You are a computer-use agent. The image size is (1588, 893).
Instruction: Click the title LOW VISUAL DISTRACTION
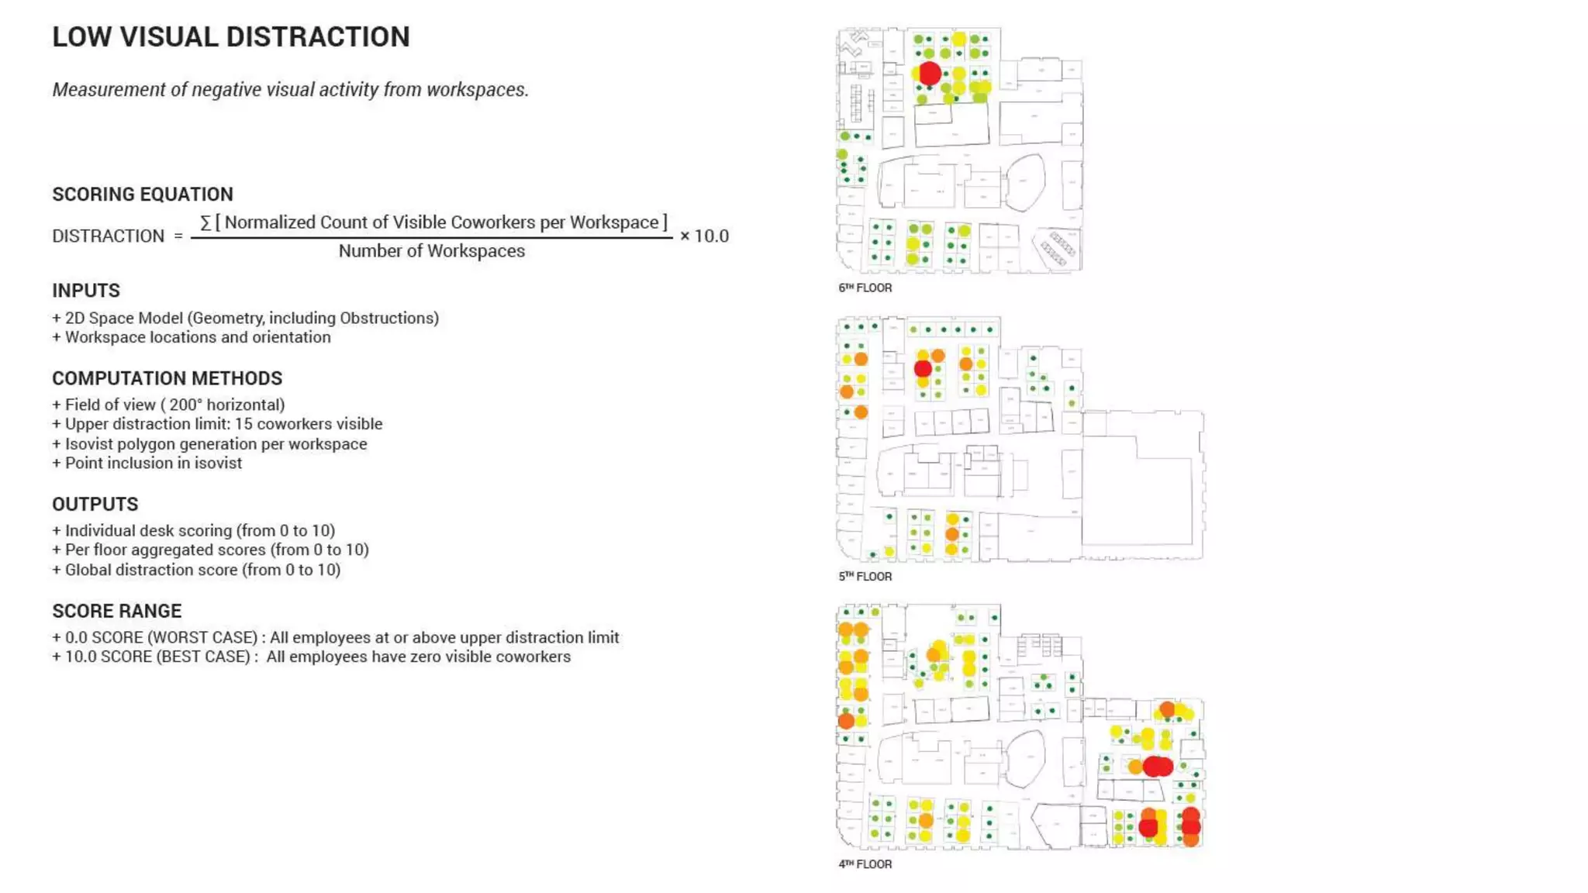click(230, 37)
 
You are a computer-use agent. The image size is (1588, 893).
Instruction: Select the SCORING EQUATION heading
click(143, 195)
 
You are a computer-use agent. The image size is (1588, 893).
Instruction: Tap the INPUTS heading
click(86, 291)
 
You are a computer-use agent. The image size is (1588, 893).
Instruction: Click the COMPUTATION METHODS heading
click(167, 378)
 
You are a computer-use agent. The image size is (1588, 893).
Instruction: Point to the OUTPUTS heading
click(95, 505)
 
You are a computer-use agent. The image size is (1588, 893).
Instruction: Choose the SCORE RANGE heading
click(116, 611)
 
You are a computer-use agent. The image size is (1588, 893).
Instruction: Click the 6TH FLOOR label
click(865, 288)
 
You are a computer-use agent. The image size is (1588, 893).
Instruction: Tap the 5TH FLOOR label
click(865, 577)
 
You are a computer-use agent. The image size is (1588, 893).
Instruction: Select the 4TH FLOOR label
click(865, 864)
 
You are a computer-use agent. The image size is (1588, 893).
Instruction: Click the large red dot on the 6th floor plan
click(930, 74)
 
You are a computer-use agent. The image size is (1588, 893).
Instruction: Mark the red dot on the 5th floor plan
click(923, 368)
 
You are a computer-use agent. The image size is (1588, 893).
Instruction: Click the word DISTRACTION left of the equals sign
click(108, 236)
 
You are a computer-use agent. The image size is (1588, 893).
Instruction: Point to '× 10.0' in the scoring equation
click(704, 236)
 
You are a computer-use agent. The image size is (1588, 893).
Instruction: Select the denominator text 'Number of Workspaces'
click(431, 251)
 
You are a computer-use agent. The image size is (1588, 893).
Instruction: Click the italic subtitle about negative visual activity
click(290, 90)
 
